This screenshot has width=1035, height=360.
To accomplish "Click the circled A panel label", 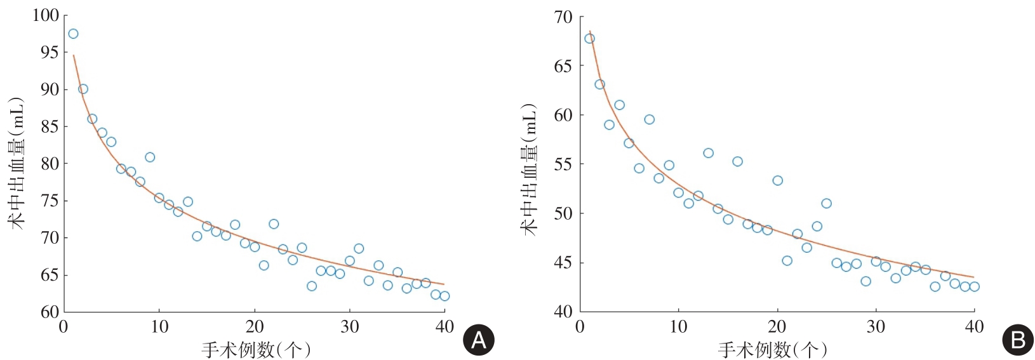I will [x=478, y=341].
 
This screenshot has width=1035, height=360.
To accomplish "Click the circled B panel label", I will [x=1017, y=341].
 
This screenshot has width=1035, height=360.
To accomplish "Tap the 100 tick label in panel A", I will [x=45, y=15].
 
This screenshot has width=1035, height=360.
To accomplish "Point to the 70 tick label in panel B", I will [x=563, y=17].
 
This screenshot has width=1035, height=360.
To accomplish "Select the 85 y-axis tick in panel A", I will [x=50, y=126].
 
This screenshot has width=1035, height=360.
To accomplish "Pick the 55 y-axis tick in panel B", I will [x=563, y=164].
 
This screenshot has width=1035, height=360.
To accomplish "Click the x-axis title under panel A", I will [x=256, y=350].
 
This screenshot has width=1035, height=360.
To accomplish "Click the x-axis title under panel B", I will [x=773, y=350].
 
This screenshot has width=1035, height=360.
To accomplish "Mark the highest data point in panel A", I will [x=73, y=34].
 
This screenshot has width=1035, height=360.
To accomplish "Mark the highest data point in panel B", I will [x=589, y=39].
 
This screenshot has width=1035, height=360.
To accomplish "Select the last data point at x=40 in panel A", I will [x=444, y=296].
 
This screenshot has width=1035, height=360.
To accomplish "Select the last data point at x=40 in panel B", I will [x=974, y=286].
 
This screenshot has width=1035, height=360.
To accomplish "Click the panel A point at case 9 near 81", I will [x=150, y=157].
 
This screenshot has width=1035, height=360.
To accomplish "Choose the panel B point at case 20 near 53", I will [x=777, y=181].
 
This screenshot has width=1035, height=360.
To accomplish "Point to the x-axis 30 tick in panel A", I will [x=349, y=327].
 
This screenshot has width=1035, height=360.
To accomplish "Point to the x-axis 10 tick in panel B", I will [x=678, y=327].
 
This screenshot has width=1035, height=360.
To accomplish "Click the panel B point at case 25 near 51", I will [x=826, y=204].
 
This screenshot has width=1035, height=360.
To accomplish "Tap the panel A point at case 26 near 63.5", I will [x=311, y=286].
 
